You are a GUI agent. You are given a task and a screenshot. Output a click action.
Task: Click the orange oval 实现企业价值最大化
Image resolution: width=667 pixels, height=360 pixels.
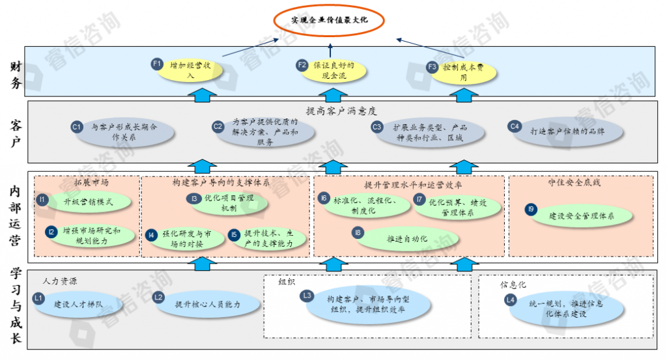click(329, 20)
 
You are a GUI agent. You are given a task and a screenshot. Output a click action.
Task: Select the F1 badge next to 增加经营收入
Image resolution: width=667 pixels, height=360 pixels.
click(156, 64)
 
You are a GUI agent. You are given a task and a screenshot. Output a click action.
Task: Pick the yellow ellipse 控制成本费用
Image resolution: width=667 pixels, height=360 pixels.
click(464, 72)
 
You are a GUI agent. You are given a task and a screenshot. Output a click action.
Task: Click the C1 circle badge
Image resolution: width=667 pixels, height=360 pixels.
click(76, 127)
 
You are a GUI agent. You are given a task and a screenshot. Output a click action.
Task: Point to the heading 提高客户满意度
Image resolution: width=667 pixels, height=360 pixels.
click(341, 111)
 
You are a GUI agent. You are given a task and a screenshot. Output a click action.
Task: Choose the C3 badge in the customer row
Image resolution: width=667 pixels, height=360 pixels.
click(377, 127)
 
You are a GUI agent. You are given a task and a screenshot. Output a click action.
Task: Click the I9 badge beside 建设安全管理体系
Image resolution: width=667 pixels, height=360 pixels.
click(532, 209)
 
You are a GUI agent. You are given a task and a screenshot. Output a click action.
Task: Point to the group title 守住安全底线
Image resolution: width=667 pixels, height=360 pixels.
click(574, 183)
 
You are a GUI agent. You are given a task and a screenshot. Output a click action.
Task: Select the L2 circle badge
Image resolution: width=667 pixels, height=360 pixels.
click(158, 298)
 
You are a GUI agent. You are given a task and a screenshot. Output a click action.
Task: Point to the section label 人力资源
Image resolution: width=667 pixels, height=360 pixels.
click(60, 282)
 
